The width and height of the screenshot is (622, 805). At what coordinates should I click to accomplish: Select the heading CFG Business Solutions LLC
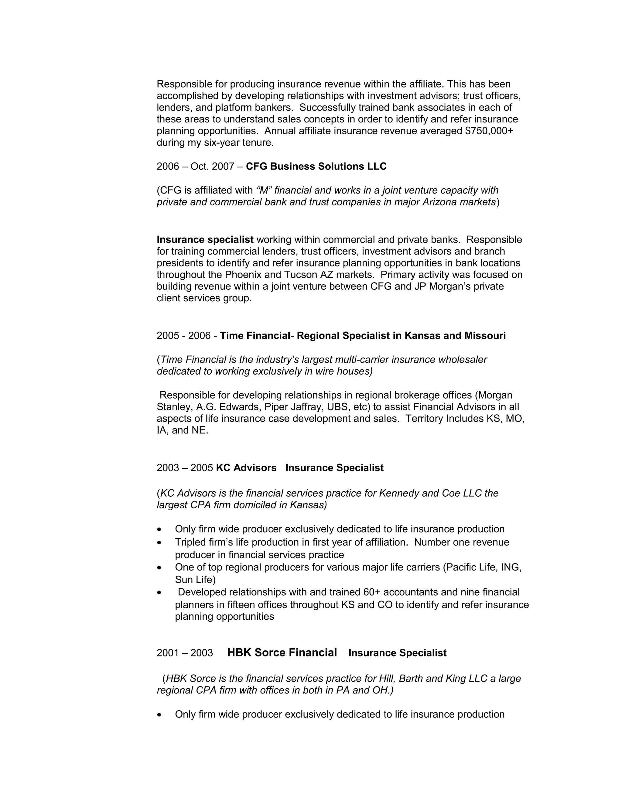click(x=316, y=166)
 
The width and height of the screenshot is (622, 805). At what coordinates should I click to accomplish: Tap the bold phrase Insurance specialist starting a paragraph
click(x=205, y=240)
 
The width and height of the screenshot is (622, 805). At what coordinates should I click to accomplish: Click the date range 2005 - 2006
click(x=183, y=335)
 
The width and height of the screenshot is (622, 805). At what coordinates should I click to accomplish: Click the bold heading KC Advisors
click(x=246, y=468)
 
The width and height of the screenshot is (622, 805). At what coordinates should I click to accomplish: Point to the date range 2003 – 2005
click(x=185, y=468)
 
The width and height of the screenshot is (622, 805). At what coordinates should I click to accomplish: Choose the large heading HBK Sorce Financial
click(x=282, y=653)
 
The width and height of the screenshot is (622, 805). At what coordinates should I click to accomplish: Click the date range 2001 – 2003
click(x=185, y=653)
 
